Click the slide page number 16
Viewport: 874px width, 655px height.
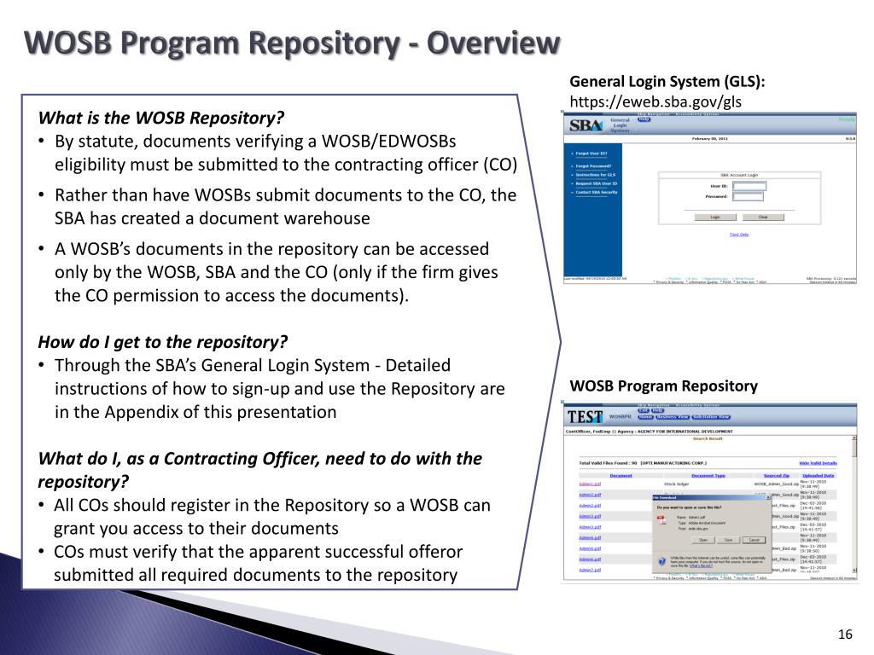846,634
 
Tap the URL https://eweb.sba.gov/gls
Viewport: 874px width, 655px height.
655,101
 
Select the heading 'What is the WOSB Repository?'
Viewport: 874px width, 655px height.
160,118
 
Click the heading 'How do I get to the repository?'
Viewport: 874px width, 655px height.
163,342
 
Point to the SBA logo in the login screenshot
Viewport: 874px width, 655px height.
585,125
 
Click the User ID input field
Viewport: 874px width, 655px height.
749,186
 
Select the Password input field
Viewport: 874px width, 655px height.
749,196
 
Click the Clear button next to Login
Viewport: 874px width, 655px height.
763,217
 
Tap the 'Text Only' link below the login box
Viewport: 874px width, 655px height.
738,234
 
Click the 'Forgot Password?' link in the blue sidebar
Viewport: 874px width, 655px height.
589,166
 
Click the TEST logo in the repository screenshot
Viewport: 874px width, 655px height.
585,417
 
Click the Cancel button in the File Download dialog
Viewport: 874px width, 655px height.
752,540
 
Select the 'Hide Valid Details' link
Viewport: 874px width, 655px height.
817,462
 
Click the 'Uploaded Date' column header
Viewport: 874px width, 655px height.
818,475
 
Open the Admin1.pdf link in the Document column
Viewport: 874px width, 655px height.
591,484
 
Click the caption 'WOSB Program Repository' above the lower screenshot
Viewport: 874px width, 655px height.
663,386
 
